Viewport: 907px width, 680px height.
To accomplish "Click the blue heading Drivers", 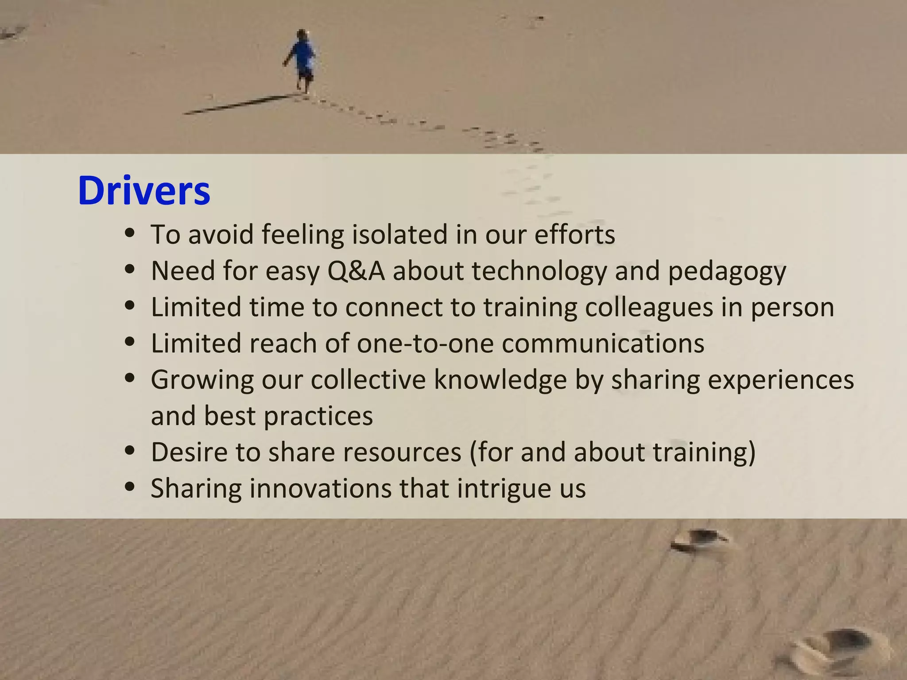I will click(144, 191).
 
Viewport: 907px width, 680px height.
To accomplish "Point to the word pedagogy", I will click(727, 271).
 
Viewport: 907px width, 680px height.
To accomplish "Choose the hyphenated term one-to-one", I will click(425, 344).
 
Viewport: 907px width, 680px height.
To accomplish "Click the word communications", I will click(603, 344).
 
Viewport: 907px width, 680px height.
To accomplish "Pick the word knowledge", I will click(500, 380).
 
